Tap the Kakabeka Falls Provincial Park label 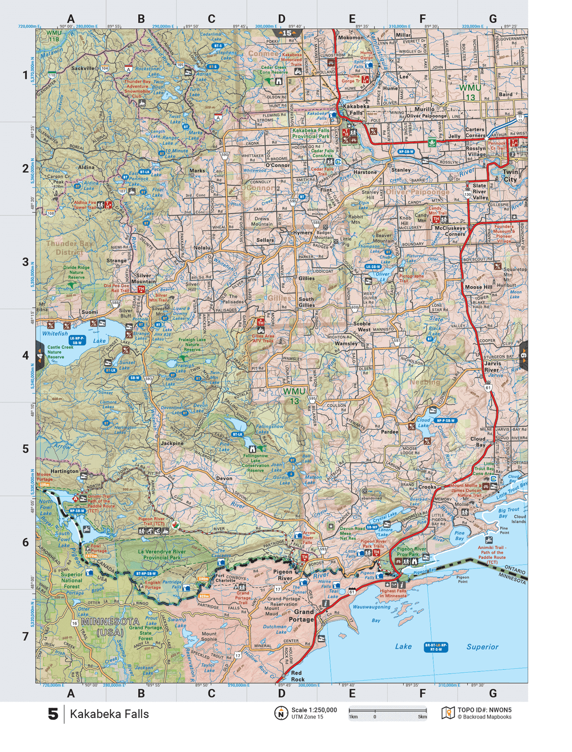point(311,133)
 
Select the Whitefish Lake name point(55,333)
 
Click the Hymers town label point(302,232)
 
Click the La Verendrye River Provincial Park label point(162,554)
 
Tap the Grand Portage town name point(302,615)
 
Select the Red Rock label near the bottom point(297,676)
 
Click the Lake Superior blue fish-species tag point(436,647)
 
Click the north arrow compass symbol point(281,713)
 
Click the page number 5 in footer point(53,714)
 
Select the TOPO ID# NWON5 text point(484,710)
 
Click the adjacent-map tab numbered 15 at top point(287,33)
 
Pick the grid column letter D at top point(281,19)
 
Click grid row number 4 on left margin point(25,355)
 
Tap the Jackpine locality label point(172,443)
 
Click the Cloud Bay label point(478,441)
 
